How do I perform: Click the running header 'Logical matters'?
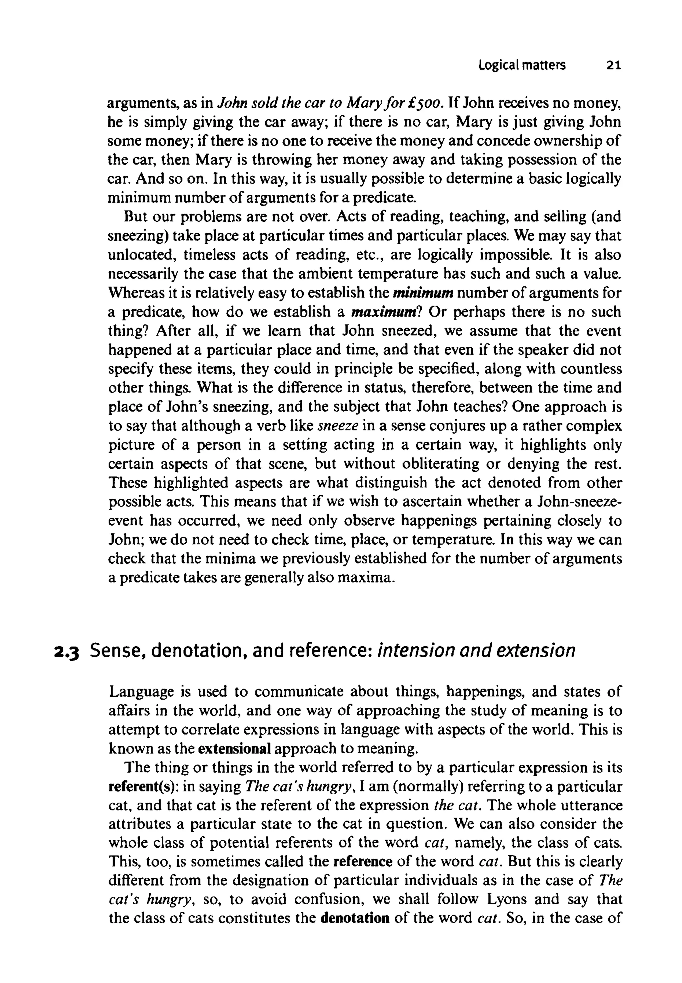pos(522,65)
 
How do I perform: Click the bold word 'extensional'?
pos(235,749)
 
